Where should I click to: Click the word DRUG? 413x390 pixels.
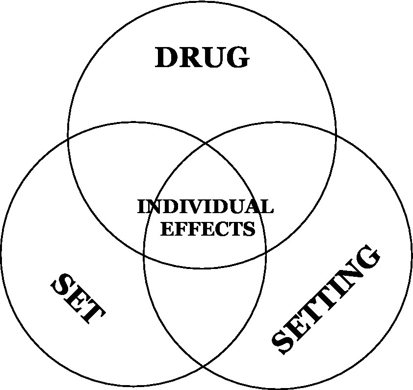click(202, 58)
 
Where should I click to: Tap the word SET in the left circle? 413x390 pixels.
click(77, 298)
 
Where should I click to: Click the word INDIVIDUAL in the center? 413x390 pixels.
click(205, 207)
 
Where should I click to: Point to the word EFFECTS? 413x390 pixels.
click(208, 229)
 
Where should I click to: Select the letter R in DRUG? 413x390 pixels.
click(192, 58)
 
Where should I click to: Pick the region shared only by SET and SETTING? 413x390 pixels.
click(205, 314)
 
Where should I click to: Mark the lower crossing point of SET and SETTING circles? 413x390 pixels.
click(205, 366)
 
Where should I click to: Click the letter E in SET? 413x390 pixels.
click(77, 299)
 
